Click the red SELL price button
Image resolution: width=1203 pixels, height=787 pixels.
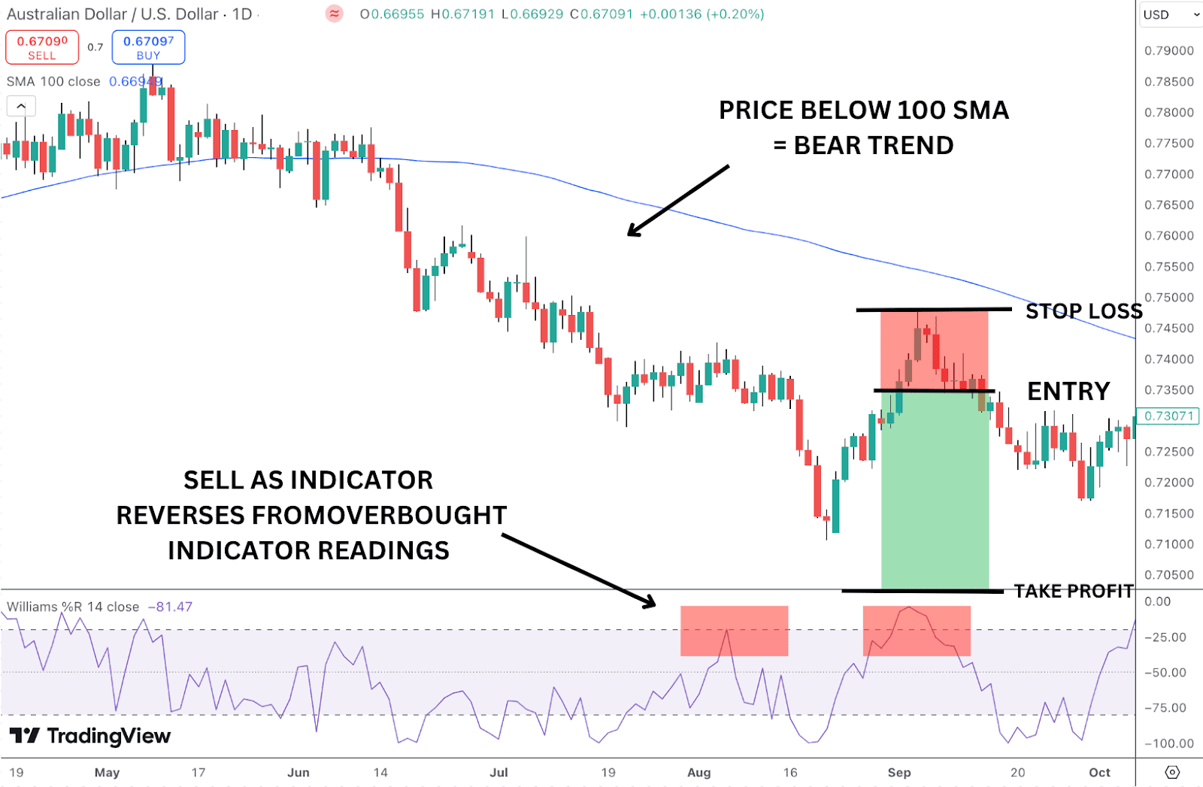(42, 47)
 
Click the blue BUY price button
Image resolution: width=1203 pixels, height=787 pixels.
(148, 47)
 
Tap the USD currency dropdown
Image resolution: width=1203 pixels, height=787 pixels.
(1170, 14)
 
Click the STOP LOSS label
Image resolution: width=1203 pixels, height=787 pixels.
(1083, 311)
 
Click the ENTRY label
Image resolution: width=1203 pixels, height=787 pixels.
(1068, 391)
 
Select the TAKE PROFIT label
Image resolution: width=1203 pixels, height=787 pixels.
(1073, 592)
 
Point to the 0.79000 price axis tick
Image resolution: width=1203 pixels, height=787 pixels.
(1168, 50)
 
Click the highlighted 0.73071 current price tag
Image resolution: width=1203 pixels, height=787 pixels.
(1168, 416)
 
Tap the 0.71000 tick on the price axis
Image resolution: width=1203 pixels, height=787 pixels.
(1168, 544)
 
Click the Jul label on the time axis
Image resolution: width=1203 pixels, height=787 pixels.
(498, 772)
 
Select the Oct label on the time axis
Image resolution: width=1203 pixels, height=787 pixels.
(1099, 772)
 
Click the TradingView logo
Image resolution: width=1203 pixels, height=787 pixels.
(90, 736)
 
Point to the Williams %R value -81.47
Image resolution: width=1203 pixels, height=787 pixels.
(170, 607)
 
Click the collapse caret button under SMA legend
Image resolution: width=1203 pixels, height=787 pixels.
(21, 106)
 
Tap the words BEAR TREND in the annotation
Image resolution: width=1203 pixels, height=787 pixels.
(873, 145)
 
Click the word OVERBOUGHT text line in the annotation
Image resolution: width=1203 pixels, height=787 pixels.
(311, 516)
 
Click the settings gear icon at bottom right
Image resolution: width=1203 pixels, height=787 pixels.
(1171, 772)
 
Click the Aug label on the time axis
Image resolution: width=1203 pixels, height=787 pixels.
(698, 772)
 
